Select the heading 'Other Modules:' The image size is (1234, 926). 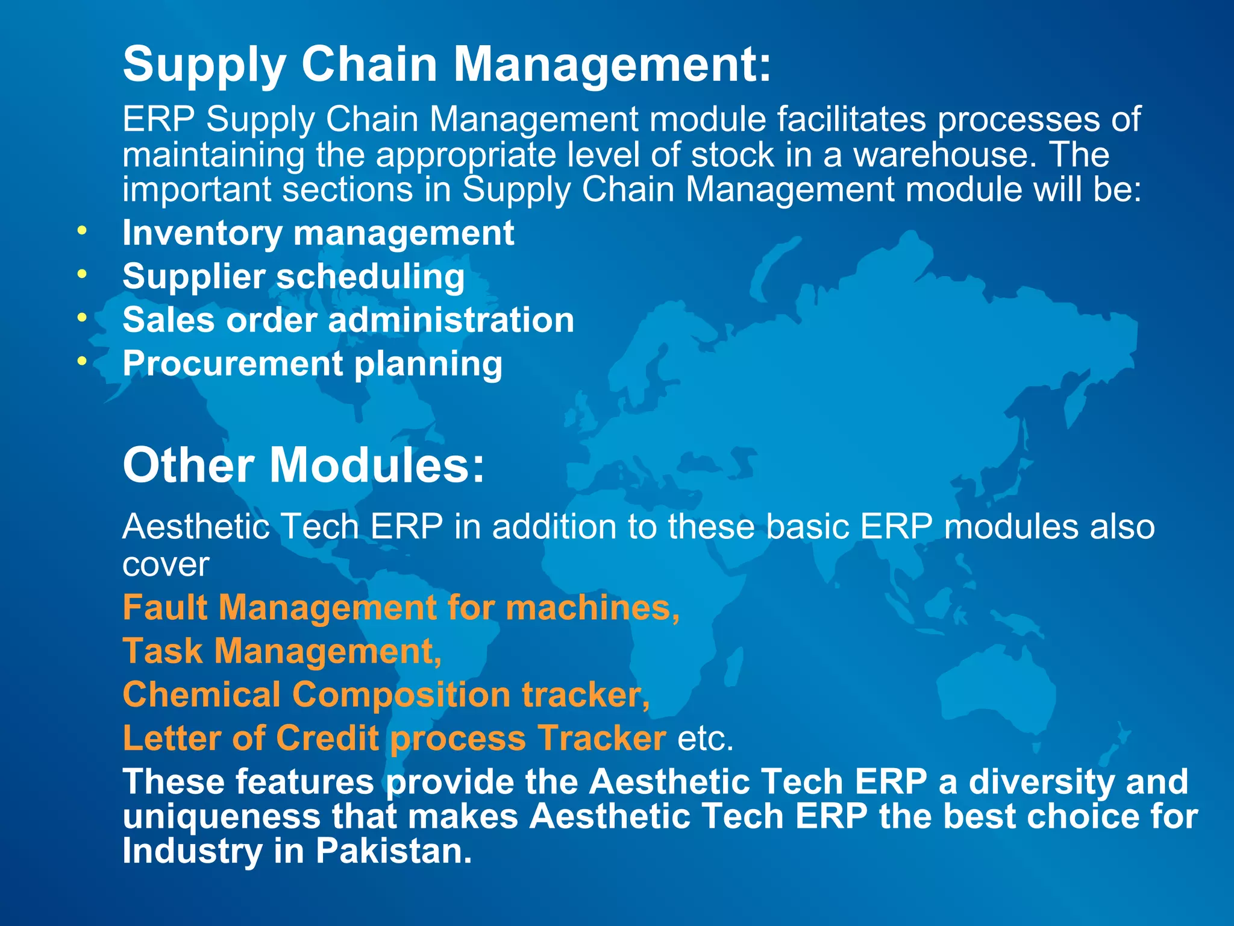[303, 465]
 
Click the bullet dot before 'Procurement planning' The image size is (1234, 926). [82, 361]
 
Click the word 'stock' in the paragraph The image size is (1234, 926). [732, 155]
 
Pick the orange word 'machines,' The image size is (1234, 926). [593, 607]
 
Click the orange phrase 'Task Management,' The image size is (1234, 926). [282, 651]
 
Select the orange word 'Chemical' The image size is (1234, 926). [201, 694]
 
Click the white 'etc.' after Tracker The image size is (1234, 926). [705, 739]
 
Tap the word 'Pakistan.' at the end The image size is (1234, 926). [393, 851]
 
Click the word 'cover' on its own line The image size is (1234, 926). [166, 565]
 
